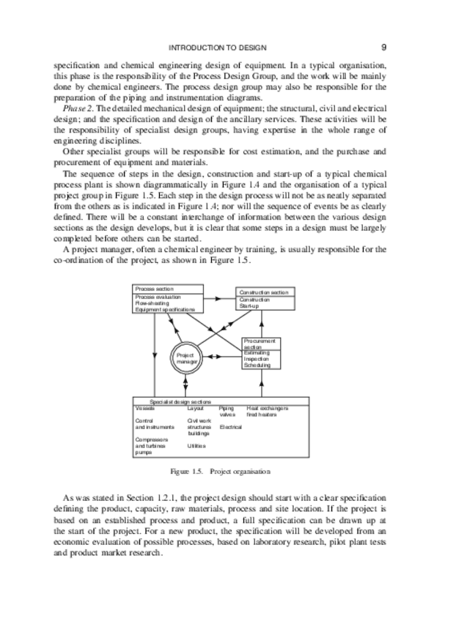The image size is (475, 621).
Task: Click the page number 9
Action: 384,47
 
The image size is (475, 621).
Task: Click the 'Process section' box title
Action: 150,289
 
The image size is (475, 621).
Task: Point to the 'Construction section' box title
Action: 264,292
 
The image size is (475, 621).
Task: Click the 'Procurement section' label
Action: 259,343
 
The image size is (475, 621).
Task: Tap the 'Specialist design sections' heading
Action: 180,401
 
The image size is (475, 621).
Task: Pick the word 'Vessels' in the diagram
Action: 144,408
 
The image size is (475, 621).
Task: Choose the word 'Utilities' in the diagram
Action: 196,445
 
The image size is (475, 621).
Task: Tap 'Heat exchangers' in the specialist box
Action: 267,408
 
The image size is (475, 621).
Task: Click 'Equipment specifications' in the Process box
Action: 164,310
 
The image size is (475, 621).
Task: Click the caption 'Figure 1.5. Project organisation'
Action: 220,471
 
